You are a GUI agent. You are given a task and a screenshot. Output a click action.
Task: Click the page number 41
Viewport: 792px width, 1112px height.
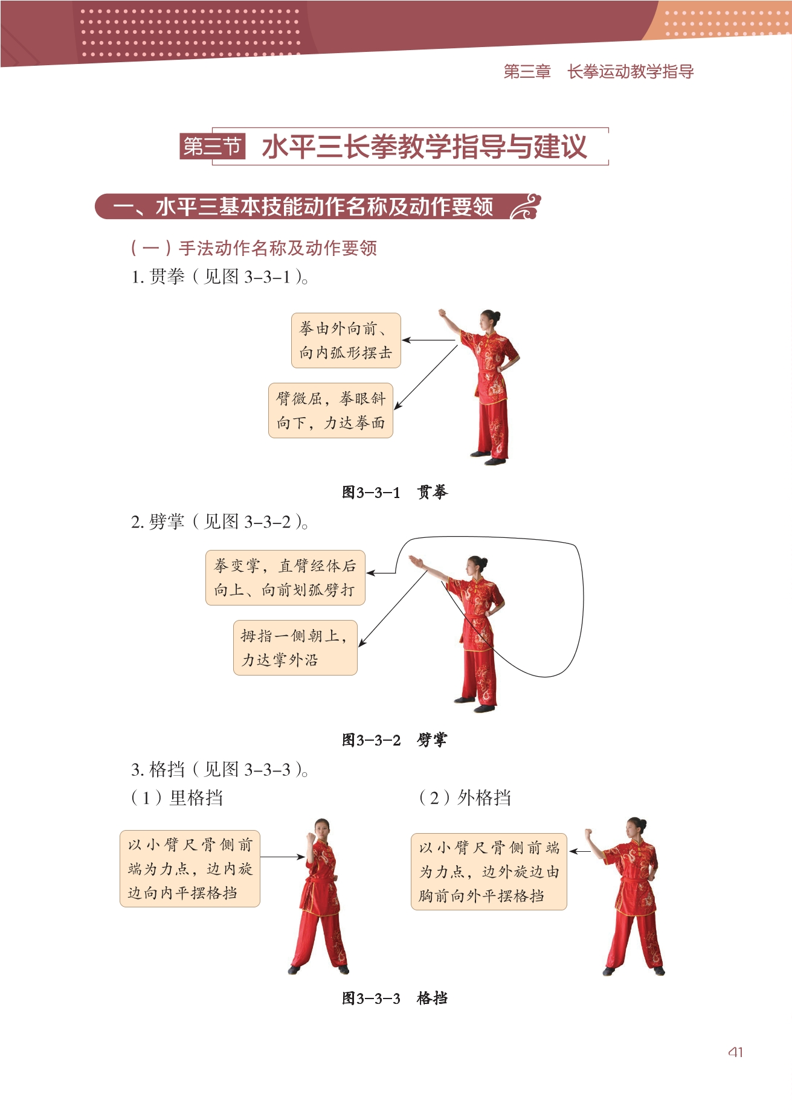point(735,1052)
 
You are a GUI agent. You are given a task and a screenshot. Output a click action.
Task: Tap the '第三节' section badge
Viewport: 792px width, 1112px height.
point(213,146)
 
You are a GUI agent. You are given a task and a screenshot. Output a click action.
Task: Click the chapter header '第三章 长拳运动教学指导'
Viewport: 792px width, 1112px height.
point(598,72)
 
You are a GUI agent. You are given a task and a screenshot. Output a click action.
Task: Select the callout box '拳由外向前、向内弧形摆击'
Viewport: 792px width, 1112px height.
point(346,340)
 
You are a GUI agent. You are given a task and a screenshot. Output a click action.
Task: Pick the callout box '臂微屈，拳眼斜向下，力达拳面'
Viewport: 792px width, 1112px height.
point(330,411)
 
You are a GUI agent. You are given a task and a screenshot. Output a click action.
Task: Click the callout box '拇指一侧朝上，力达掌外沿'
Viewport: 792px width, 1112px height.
point(295,648)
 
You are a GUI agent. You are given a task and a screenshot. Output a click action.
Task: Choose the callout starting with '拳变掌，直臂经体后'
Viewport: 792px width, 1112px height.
point(285,578)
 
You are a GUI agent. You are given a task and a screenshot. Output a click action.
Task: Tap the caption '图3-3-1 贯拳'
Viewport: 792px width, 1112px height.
point(395,493)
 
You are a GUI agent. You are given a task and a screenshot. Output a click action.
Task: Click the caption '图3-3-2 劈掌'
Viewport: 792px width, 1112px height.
point(395,740)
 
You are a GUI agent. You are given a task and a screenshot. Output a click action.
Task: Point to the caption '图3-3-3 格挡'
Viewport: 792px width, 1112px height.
point(395,999)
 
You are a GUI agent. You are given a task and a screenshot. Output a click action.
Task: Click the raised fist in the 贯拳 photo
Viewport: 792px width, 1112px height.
point(442,314)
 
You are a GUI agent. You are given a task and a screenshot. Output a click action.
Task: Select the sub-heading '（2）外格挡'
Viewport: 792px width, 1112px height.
point(465,798)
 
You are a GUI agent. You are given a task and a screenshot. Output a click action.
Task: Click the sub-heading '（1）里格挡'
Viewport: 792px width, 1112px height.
point(177,798)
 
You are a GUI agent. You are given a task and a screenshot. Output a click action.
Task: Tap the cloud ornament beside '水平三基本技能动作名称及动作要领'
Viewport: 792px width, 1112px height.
point(526,206)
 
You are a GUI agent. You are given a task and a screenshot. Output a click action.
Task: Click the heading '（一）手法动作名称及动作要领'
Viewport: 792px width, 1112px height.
point(254,248)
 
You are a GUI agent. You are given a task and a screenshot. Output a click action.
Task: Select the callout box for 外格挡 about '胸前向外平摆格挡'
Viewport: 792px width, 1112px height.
point(489,872)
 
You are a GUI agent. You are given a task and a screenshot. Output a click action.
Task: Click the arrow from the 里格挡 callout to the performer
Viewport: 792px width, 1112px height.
point(283,857)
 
